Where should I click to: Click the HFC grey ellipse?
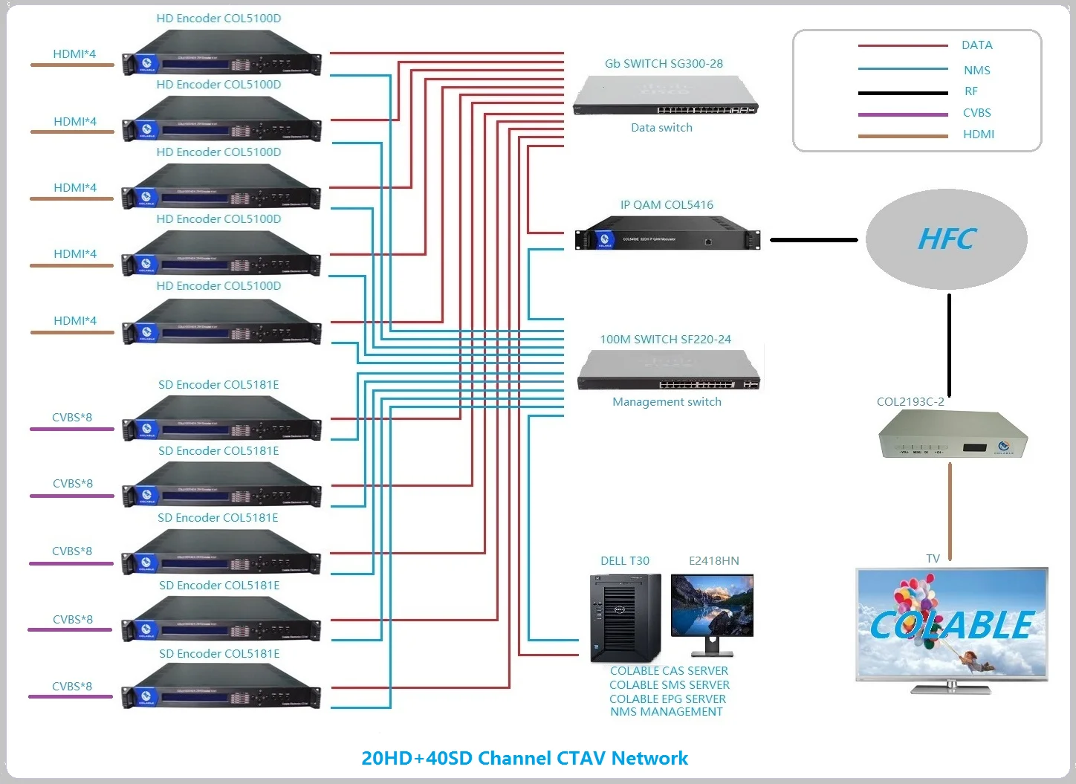pyautogui.click(x=946, y=239)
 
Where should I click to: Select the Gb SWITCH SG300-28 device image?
pyautogui.click(x=666, y=96)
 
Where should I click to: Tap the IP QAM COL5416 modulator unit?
pyautogui.click(x=667, y=233)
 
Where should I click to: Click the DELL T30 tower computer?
pyautogui.click(x=625, y=618)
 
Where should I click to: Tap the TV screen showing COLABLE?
pyautogui.click(x=951, y=624)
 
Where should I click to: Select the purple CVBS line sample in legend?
pyautogui.click(x=903, y=114)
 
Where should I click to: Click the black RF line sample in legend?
pyautogui.click(x=903, y=93)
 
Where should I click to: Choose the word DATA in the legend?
pyautogui.click(x=976, y=45)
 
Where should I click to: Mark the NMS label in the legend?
pyautogui.click(x=976, y=71)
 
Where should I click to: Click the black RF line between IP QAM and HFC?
pyautogui.click(x=814, y=240)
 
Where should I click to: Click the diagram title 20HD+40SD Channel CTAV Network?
pyautogui.click(x=525, y=758)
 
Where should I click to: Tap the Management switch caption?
pyautogui.click(x=667, y=402)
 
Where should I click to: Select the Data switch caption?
pyautogui.click(x=661, y=128)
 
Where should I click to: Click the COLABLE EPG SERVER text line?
pyautogui.click(x=667, y=699)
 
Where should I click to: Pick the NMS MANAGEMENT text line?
pyautogui.click(x=667, y=712)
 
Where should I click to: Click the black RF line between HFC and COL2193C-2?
pyautogui.click(x=949, y=346)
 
